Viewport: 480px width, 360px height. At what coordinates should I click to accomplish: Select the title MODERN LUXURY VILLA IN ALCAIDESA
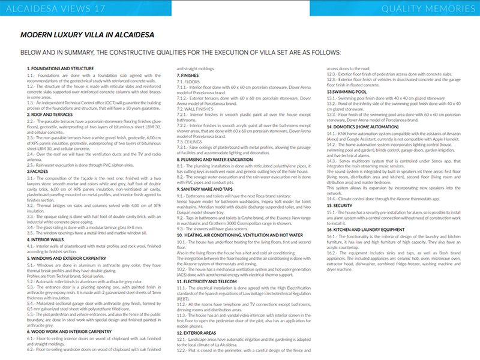tap(87, 35)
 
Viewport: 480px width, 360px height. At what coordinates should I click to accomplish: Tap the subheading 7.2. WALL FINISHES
tap(197, 92)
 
